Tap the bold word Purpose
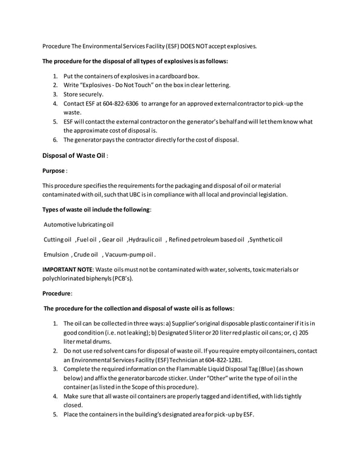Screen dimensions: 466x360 [54, 170]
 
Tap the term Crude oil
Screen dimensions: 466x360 [85, 254]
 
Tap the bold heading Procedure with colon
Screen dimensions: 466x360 [56, 294]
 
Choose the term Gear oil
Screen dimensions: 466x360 [112, 239]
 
